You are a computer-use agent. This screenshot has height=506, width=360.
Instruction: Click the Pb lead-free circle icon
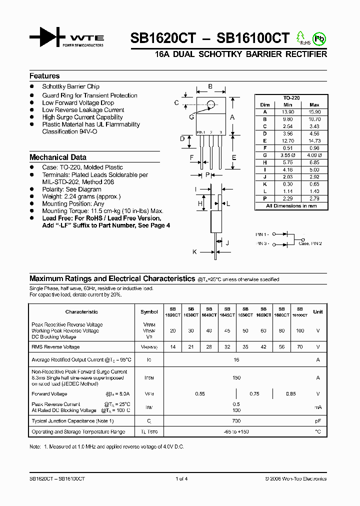318,38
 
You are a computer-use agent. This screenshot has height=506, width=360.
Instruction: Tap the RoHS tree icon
301,37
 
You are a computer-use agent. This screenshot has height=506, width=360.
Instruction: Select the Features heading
44,76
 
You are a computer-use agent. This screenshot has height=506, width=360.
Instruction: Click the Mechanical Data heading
58,157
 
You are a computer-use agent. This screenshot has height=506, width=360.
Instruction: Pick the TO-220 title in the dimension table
291,98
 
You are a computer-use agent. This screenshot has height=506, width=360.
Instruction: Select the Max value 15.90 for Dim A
314,112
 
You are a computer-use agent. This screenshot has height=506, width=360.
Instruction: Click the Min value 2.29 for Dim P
287,199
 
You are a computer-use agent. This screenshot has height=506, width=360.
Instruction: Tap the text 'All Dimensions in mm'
291,206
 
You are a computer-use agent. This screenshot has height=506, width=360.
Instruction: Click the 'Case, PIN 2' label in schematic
310,243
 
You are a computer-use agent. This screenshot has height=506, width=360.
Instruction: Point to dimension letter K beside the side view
194,252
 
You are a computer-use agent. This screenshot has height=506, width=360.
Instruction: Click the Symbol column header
149,311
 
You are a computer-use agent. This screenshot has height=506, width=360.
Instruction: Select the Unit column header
317,311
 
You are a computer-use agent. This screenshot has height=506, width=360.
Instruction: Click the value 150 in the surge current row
236,378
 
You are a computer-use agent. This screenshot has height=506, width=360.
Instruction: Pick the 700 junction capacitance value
236,421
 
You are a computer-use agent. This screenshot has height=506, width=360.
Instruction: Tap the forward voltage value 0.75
254,394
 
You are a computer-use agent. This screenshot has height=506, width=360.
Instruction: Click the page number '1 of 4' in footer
181,478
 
